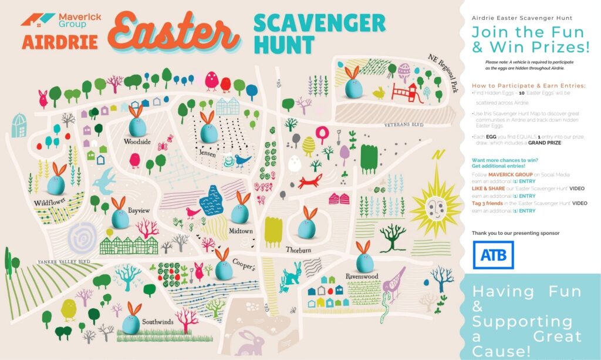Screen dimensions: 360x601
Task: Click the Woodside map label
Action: click(137, 142)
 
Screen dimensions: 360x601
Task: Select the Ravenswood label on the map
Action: click(362, 276)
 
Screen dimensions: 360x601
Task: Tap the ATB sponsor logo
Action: click(493, 255)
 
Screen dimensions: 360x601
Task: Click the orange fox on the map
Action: click(309, 181)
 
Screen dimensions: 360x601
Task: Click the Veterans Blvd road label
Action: click(403, 125)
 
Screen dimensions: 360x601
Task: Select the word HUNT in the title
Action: click(284, 45)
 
